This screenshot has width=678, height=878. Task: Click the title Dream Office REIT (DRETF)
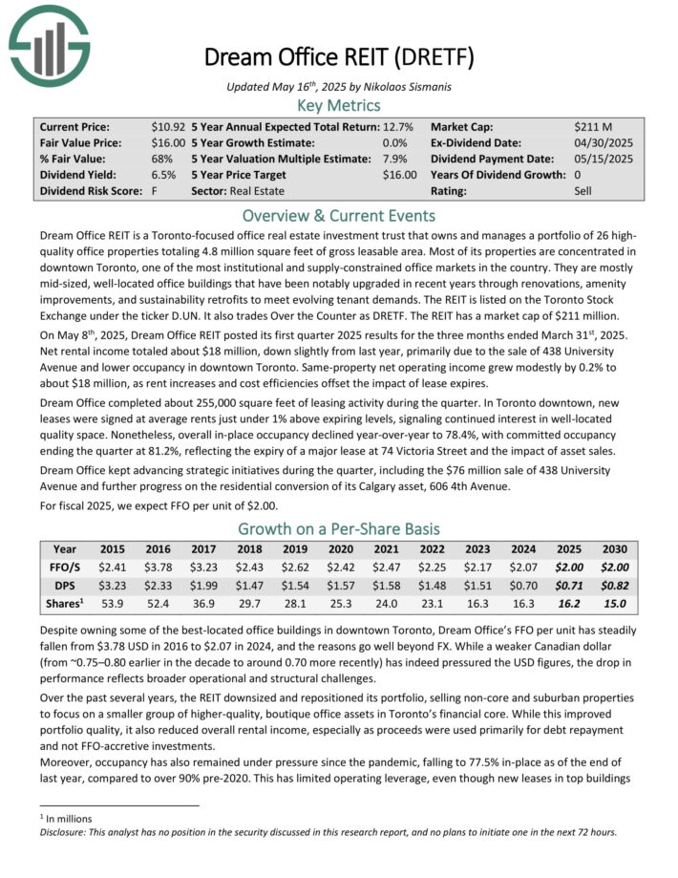coord(338,56)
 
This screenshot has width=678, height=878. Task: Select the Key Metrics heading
coord(338,106)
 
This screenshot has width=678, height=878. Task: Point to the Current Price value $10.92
coord(168,126)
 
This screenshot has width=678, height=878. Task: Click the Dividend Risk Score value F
coord(154,191)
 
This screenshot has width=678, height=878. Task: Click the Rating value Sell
coord(586,191)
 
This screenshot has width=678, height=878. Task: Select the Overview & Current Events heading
coord(338,215)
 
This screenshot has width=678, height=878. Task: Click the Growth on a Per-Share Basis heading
coord(338,530)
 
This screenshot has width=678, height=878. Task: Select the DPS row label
coord(65,586)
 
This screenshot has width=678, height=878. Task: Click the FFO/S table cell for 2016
coord(158,567)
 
